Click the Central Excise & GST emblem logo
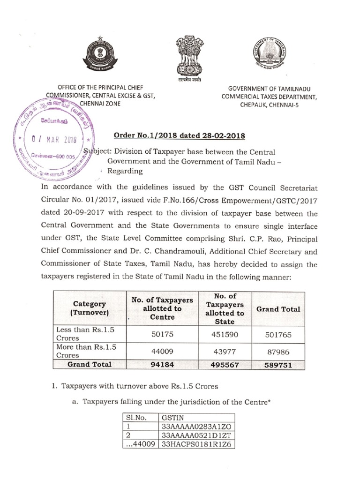99,54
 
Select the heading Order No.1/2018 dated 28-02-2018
180,135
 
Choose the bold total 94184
162,364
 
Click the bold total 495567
225,364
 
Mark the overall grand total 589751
278,364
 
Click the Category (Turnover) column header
89,308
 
